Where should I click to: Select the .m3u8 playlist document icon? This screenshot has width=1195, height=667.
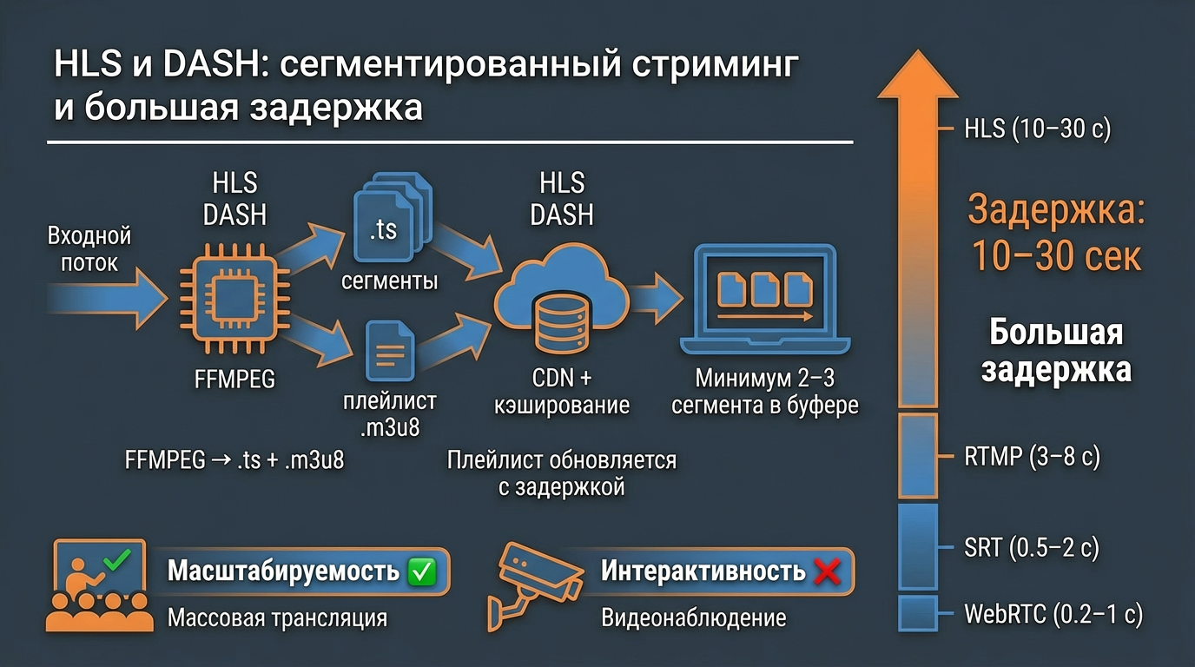[x=388, y=352]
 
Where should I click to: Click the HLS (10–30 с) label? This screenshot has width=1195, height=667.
[x=1037, y=129]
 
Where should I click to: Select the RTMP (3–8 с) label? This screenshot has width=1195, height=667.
[x=1032, y=457]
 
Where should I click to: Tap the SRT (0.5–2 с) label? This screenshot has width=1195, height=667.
[x=1032, y=548]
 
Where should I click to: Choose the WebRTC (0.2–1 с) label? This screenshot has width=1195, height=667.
[x=1053, y=615]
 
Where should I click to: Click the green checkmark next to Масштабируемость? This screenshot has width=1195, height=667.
[x=421, y=571]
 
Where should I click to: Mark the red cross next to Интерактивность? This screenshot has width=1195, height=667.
[x=829, y=571]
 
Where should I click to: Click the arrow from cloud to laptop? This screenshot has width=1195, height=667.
[x=657, y=296]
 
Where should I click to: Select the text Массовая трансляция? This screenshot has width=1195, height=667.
[x=277, y=618]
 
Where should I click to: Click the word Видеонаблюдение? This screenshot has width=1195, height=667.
[x=693, y=618]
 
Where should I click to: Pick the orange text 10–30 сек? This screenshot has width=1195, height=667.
[x=1055, y=256]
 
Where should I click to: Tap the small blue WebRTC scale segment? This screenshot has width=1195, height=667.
[x=918, y=613]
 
